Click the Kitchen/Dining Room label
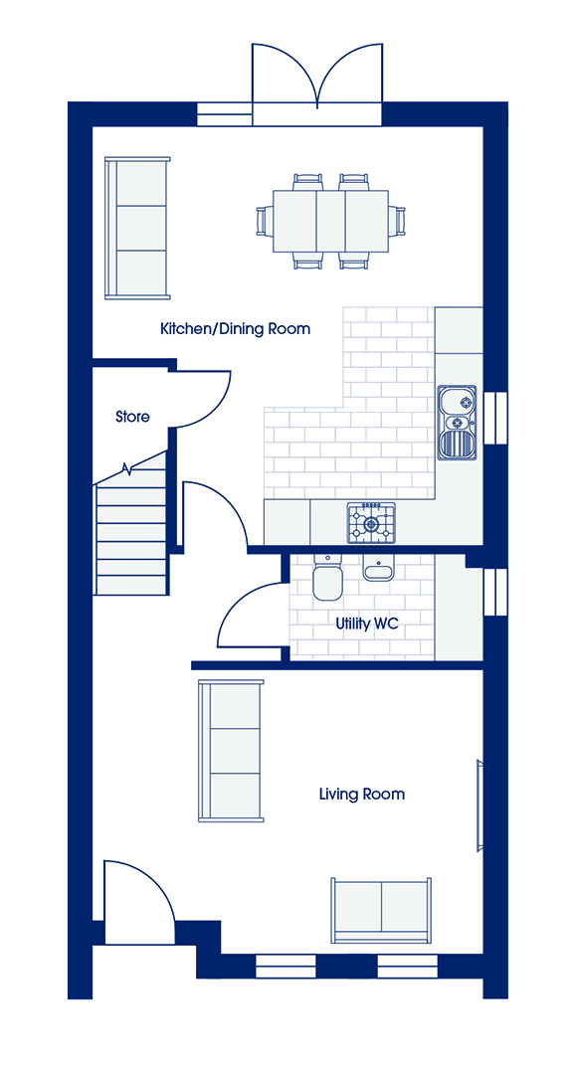(235, 329)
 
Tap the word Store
(132, 416)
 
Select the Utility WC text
(366, 624)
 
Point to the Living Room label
(362, 795)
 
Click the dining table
(331, 221)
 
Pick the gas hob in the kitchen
(372, 524)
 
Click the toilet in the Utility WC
(327, 576)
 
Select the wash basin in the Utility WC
(377, 567)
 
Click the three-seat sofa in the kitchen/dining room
(137, 228)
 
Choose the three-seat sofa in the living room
(231, 751)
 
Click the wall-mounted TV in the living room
(480, 805)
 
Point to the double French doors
(316, 85)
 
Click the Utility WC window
(495, 591)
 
